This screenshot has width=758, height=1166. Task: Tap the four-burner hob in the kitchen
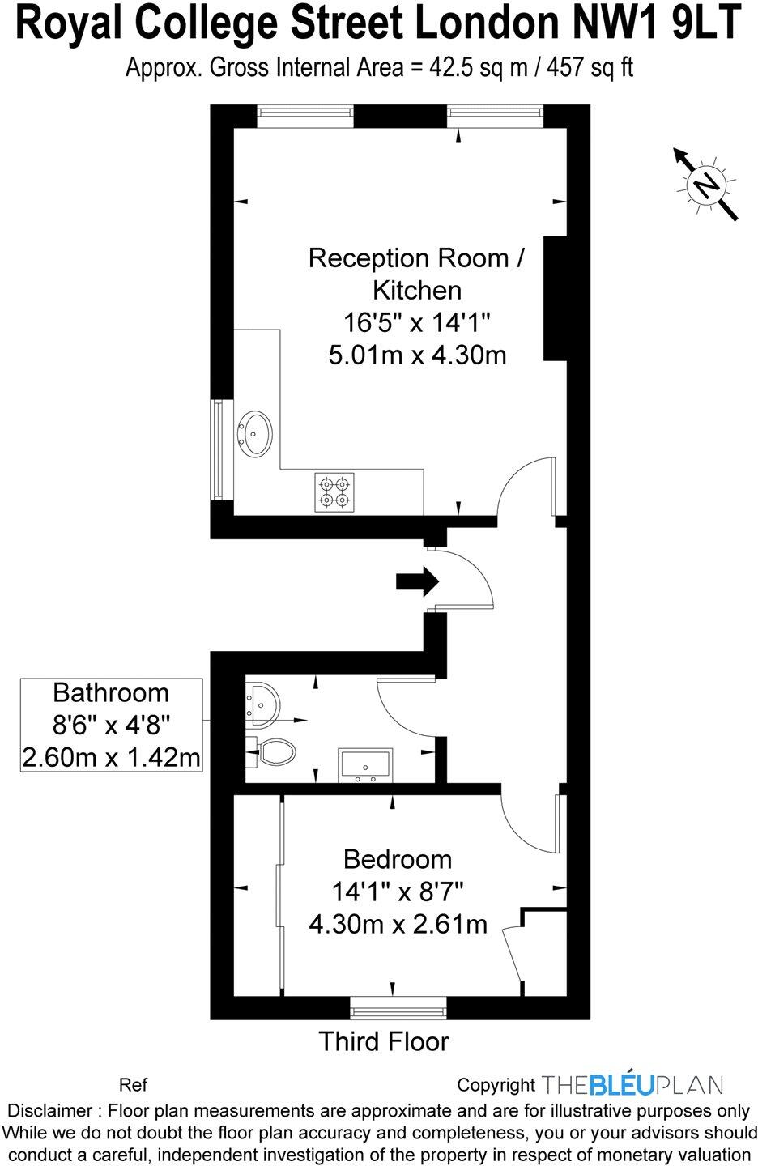pos(334,492)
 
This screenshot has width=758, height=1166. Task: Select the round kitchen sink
pos(256,435)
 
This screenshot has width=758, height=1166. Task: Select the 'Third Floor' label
pos(383,1041)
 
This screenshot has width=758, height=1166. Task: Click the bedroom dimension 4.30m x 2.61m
pos(398,923)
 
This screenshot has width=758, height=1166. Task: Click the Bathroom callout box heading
pos(111,693)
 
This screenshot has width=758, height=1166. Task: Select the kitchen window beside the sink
pos(216,449)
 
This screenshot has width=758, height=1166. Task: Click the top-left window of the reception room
pos(305,116)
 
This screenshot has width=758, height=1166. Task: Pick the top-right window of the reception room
pos(495,116)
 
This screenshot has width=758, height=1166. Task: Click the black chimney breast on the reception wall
pos(555,298)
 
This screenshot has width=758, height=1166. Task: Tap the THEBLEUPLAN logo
pos(632,1084)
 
